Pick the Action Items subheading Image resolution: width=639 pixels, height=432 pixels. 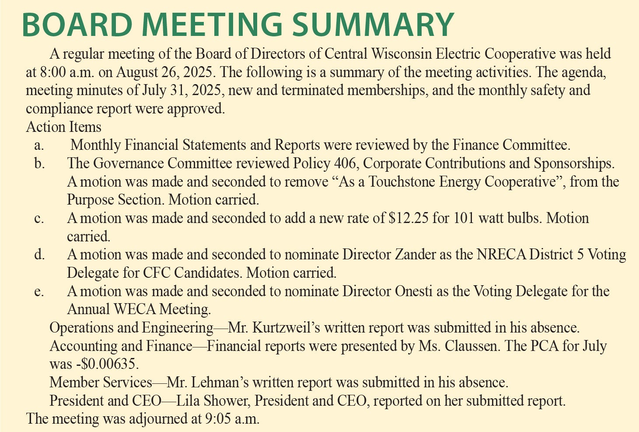tap(63, 127)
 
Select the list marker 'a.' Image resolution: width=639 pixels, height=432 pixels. tap(39, 145)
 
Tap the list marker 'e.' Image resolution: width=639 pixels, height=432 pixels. tap(39, 291)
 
